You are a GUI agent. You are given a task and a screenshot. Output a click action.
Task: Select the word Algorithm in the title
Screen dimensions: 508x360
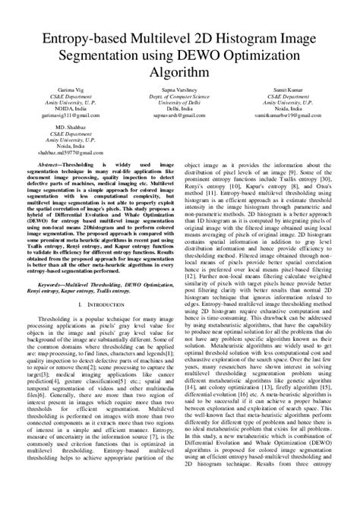[180, 72]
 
